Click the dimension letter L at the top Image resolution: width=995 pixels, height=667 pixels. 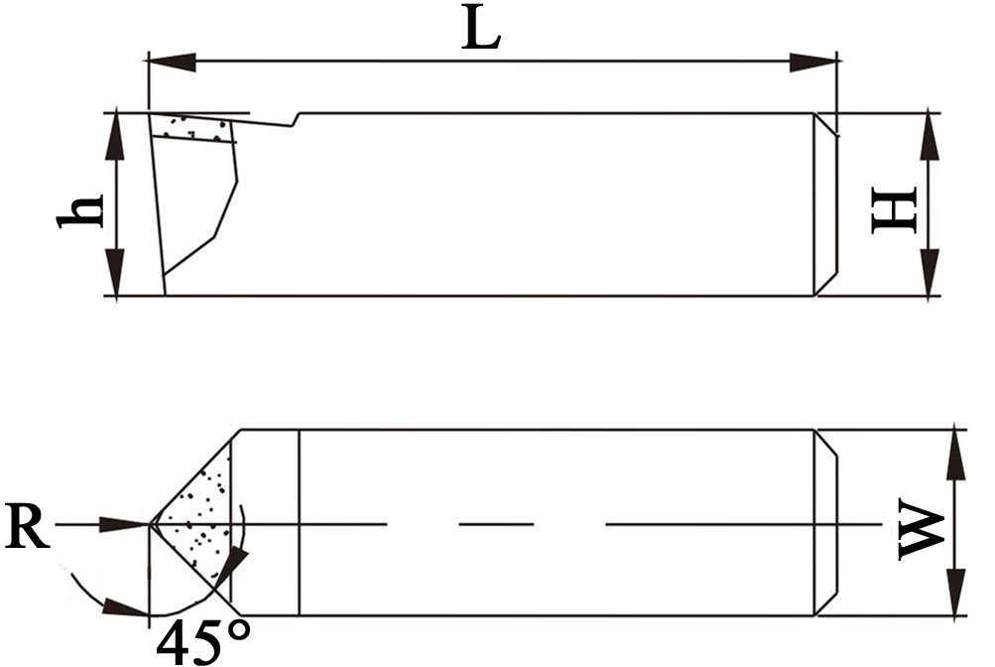tap(482, 32)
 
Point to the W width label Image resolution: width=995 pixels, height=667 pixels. tap(921, 532)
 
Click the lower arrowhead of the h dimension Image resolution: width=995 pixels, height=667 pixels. tap(116, 274)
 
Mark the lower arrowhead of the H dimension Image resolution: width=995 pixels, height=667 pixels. tap(930, 274)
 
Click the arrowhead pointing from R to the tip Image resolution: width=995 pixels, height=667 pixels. tap(127, 523)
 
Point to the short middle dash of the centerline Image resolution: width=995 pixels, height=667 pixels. tap(495, 523)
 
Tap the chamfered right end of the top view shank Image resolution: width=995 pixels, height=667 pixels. tap(826, 203)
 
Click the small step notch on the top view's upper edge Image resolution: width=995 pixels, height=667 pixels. tap(296, 120)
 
